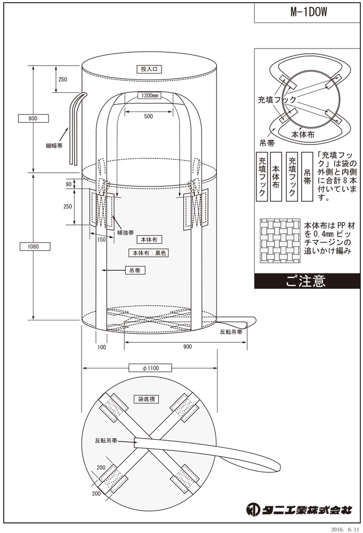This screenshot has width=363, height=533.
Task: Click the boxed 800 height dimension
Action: pyautogui.click(x=33, y=118)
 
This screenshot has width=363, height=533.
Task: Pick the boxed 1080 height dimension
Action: pyautogui.click(x=33, y=246)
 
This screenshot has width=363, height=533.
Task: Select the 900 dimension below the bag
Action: pyautogui.click(x=187, y=347)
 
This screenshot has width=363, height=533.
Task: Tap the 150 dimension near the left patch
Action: pyautogui.click(x=101, y=239)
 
